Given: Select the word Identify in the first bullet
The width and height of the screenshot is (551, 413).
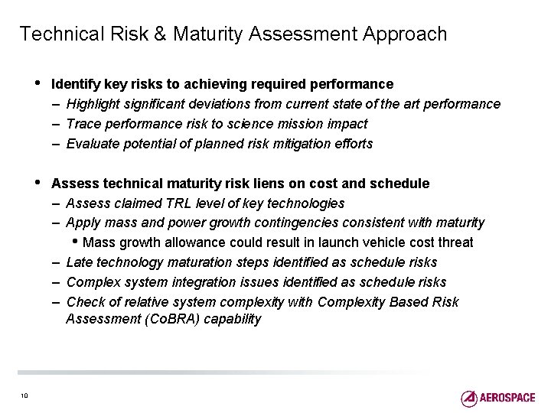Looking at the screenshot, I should point(74,83).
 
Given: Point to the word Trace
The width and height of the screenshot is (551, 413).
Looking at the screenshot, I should point(83,123).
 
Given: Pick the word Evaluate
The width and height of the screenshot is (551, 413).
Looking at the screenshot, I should point(93,143).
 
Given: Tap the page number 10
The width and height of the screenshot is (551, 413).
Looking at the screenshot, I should point(24,395).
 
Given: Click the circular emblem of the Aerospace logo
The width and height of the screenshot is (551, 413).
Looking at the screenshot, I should point(469,398).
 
